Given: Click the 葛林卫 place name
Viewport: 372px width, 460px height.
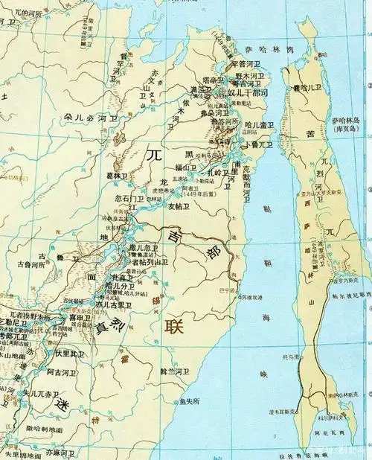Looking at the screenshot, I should coord(116,176).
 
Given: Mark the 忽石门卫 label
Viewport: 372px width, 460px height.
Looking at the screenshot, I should coord(132,199).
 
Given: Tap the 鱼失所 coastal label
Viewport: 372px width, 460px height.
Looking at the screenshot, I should coord(191,401).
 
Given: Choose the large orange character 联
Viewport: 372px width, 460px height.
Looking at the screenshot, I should coord(174,325).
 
